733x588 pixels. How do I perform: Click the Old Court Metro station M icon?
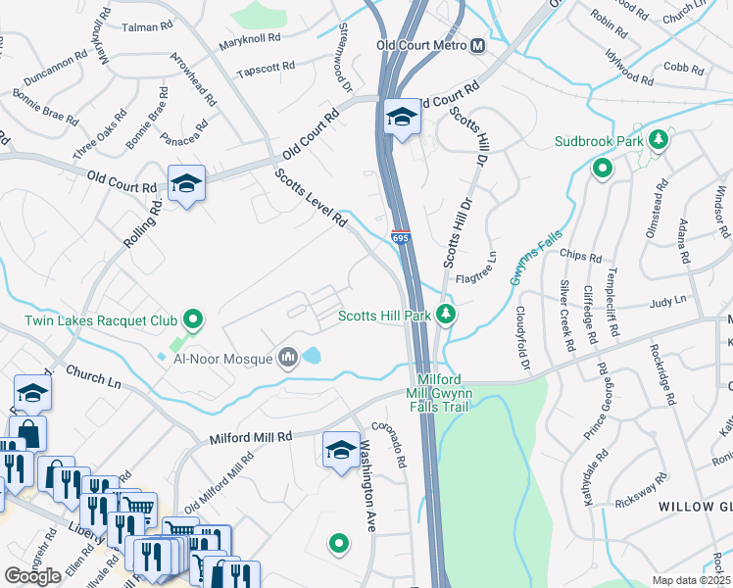click(x=477, y=46)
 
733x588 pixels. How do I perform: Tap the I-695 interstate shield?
click(x=400, y=238)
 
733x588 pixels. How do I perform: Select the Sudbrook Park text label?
click(x=599, y=141)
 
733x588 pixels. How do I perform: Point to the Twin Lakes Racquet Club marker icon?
click(x=194, y=319)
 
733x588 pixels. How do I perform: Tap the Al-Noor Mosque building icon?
click(x=288, y=359)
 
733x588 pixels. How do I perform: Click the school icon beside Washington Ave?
click(x=341, y=449)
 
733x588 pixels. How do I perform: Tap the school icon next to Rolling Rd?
click(x=186, y=182)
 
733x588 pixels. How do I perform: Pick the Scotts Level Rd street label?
click(x=312, y=199)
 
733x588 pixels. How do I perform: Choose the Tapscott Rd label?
click(x=266, y=72)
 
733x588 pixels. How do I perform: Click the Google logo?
click(x=32, y=576)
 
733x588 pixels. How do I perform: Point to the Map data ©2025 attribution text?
click(x=691, y=580)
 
